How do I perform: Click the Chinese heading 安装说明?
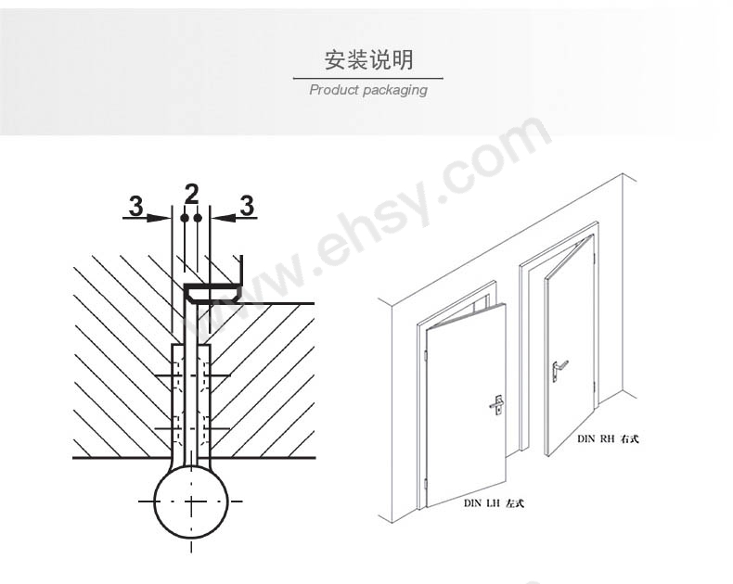click(x=369, y=60)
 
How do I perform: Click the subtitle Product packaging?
click(x=368, y=90)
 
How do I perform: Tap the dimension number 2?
click(x=191, y=194)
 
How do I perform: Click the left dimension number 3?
click(x=135, y=206)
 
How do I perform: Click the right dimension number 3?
click(x=247, y=206)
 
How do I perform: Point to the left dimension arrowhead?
click(x=160, y=218)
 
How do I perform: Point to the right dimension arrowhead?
click(x=223, y=218)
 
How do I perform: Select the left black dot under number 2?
click(x=185, y=218)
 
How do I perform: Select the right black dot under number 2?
click(x=198, y=218)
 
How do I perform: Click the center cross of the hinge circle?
click(x=191, y=501)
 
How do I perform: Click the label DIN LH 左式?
click(x=494, y=503)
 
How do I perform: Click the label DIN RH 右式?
click(x=608, y=438)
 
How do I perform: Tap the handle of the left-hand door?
click(x=497, y=404)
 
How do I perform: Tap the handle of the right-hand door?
click(x=559, y=370)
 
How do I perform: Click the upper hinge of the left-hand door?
click(x=426, y=356)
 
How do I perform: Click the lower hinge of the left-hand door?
click(x=426, y=484)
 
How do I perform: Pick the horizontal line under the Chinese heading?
click(x=368, y=79)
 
